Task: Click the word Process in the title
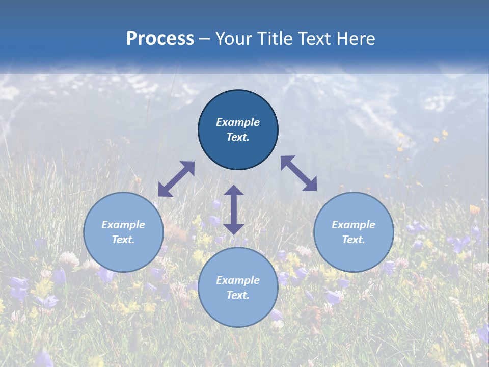coord(160,39)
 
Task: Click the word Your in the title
coord(234,39)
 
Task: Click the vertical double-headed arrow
coord(234,209)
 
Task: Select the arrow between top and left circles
coord(176,179)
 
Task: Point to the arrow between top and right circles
coord(299,173)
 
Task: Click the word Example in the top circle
coord(238,122)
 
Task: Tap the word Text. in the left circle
coord(123,240)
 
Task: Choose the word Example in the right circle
coord(354,225)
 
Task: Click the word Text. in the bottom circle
coord(238,295)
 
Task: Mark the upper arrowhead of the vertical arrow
coord(234,191)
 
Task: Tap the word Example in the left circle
coord(123,225)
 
